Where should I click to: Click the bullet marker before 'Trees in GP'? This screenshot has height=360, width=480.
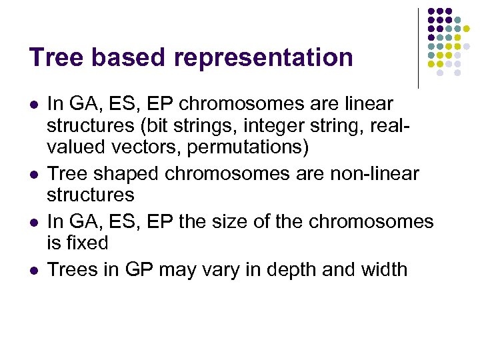point(34,270)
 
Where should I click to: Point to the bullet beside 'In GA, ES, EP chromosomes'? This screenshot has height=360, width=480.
point(34,105)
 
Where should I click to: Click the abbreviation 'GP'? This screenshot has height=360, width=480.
point(145,269)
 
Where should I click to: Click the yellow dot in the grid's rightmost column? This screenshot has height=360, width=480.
point(476,29)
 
